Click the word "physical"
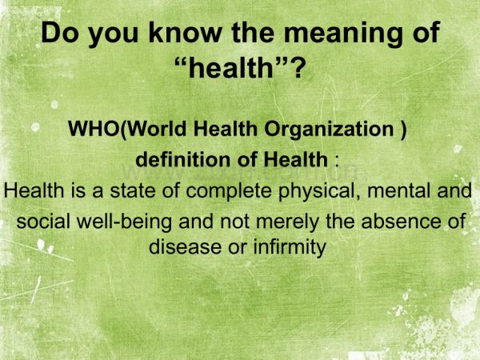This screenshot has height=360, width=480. [318, 192]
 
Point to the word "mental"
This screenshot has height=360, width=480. [399, 192]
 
